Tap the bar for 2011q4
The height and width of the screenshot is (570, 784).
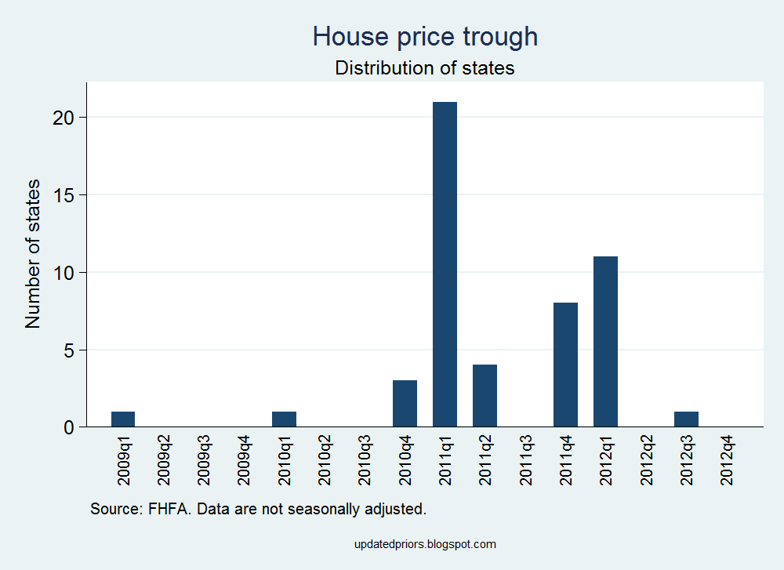point(565,365)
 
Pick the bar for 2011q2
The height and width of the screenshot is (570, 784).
point(485,395)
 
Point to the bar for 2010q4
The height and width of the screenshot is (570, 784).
point(405,403)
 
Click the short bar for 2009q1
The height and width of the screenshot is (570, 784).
point(123,419)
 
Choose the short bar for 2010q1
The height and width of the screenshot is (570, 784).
point(284,419)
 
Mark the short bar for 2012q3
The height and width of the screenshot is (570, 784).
point(686,419)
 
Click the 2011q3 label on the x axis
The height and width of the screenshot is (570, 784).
point(525,462)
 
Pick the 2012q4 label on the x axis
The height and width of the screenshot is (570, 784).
point(727,462)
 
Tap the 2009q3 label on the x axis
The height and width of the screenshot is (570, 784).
point(204,462)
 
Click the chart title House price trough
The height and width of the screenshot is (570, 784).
point(425,36)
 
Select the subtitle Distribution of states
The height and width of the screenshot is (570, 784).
point(425,68)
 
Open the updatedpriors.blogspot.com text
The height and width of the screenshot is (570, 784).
point(425,544)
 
